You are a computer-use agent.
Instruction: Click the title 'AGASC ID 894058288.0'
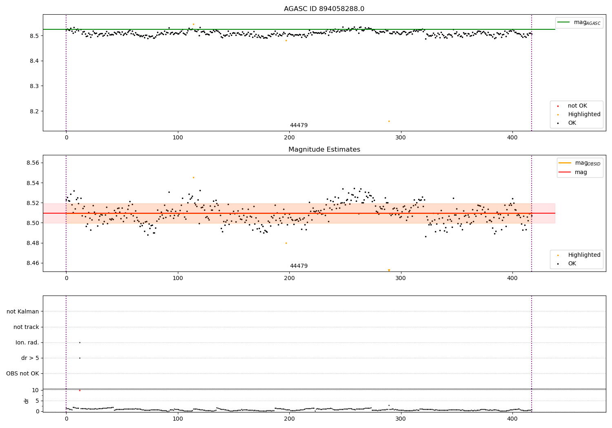point(324,9)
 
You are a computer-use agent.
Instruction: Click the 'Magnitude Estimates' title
point(324,150)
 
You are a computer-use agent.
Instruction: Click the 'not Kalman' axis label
point(23,311)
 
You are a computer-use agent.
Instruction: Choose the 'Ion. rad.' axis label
point(27,342)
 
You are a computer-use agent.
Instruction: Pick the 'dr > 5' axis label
point(30,358)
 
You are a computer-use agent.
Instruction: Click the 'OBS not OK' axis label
point(22,373)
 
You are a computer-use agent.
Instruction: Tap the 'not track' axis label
point(26,327)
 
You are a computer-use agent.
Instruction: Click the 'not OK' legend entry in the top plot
point(577,106)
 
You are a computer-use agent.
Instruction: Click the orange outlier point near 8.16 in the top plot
point(389,121)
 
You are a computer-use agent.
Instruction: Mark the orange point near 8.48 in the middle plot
point(286,243)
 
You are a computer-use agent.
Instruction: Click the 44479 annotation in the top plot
point(299,126)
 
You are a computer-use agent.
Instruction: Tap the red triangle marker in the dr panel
point(80,390)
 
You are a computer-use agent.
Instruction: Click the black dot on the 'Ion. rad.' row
point(80,342)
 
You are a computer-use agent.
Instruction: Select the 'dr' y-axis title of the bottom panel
point(27,401)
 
